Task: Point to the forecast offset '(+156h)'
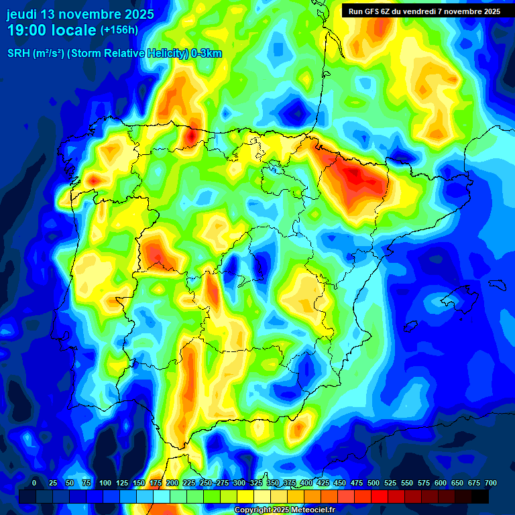pos(119,30)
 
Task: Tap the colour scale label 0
pos(34,483)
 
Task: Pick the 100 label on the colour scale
pos(105,483)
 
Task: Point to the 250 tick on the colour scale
pos(205,483)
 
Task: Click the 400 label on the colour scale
pos(306,483)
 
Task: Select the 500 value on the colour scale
pos(374,483)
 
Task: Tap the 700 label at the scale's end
pos(490,483)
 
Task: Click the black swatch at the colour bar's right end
pos(480,496)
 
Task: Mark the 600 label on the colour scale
pos(441,483)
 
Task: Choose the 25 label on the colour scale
pos(53,483)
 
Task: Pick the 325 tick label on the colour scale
pos(256,483)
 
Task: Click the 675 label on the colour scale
pos(474,483)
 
